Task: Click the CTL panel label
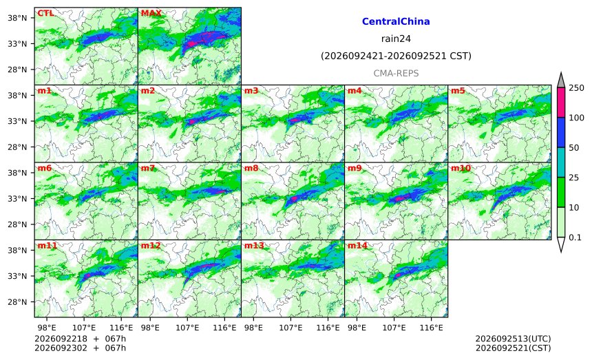pyautogui.click(x=45, y=13)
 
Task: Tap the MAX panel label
pyautogui.click(x=151, y=13)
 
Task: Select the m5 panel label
pyautogui.click(x=458, y=91)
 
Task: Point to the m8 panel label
pyautogui.click(x=251, y=168)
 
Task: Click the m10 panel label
pyautogui.click(x=461, y=168)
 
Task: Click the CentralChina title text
pyautogui.click(x=396, y=21)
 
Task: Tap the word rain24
pyautogui.click(x=396, y=39)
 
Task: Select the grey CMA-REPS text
pyautogui.click(x=396, y=73)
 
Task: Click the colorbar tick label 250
pyautogui.click(x=577, y=88)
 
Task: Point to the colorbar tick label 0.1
pyautogui.click(x=575, y=237)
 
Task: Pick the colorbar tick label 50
pyautogui.click(x=574, y=147)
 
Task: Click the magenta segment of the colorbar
pyautogui.click(x=560, y=103)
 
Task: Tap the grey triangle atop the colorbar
pyautogui.click(x=560, y=81)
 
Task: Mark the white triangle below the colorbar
pyautogui.click(x=560, y=244)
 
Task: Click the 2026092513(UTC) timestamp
pyautogui.click(x=513, y=339)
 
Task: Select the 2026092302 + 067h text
pyautogui.click(x=80, y=348)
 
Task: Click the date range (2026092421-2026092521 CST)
pyautogui.click(x=396, y=56)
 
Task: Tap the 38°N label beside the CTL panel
pyautogui.click(x=17, y=18)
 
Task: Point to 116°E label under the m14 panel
pyautogui.click(x=431, y=328)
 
